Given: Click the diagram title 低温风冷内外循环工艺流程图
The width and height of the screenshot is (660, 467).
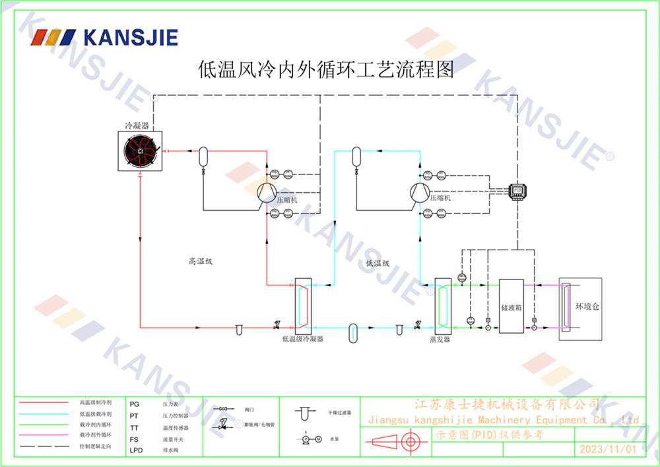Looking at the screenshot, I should (x=326, y=69).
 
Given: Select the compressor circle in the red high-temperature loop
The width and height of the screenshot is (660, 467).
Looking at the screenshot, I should (x=265, y=192).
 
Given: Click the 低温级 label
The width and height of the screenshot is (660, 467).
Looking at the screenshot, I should (x=378, y=263).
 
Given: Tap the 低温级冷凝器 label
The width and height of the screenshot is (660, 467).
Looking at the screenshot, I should (x=302, y=339).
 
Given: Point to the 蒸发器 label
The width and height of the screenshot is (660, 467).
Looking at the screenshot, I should (x=440, y=339).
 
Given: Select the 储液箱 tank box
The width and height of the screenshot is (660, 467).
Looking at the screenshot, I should (x=511, y=306).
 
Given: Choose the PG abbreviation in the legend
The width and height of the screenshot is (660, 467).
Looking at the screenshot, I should (x=135, y=403).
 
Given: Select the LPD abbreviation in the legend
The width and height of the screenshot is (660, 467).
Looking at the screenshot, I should (x=137, y=450).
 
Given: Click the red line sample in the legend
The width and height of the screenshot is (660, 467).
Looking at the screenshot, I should (x=44, y=402).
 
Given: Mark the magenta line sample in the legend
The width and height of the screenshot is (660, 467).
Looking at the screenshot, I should (x=44, y=435).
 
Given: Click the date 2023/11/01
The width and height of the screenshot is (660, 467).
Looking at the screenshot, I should (x=607, y=449).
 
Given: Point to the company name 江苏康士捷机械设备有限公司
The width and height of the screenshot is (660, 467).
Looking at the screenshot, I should (x=506, y=404).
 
